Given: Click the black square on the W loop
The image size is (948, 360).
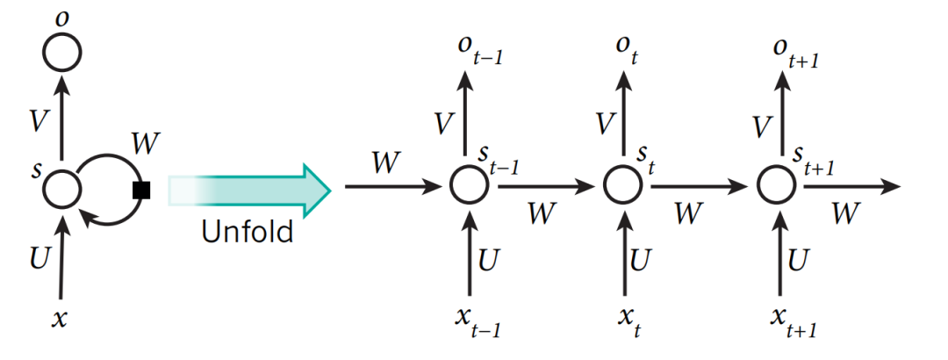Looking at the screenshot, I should (140, 188).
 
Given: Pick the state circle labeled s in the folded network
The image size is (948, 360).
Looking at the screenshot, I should (62, 188).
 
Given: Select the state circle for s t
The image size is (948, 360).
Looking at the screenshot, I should (622, 185).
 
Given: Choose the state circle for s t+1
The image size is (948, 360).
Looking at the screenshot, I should (776, 185).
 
